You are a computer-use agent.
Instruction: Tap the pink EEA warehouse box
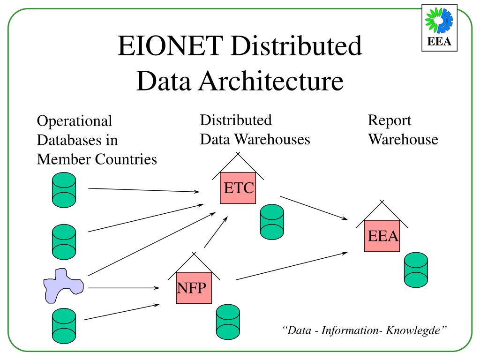coord(382,236)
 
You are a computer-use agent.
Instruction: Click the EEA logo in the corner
coord(439,28)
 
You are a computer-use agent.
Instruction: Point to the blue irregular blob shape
coord(63,285)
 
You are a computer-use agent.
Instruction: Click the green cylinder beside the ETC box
coord(272,219)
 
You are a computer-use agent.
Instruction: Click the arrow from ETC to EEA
coord(314,208)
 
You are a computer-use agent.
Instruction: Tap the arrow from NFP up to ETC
coord(216,232)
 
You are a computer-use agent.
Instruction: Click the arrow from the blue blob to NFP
coord(124,288)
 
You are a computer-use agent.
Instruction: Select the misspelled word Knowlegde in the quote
coord(417,330)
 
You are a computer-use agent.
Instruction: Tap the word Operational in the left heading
coord(75,121)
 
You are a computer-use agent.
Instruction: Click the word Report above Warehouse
coord(389,120)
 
